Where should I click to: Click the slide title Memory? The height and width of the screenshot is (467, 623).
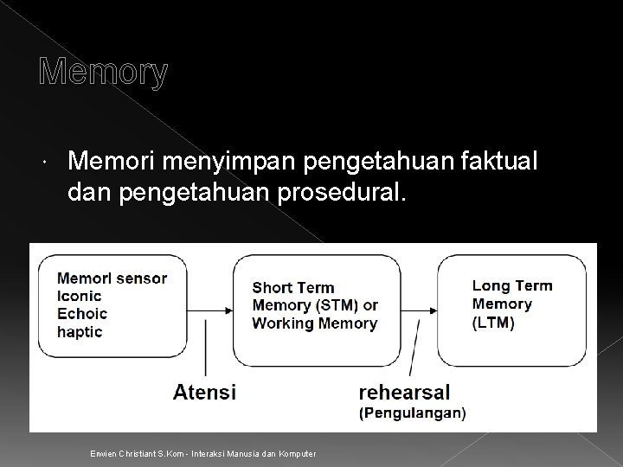(104, 74)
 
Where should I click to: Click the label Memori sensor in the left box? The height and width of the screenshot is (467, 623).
(124, 278)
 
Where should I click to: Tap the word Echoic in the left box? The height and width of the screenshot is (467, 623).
(106, 314)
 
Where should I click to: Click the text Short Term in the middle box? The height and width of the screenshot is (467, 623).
(292, 288)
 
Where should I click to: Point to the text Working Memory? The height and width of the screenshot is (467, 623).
(314, 323)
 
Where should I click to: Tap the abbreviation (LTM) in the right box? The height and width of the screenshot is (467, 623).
(493, 323)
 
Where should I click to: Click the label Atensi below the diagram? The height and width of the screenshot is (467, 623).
(204, 392)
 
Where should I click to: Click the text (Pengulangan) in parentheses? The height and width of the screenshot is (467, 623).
(412, 413)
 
